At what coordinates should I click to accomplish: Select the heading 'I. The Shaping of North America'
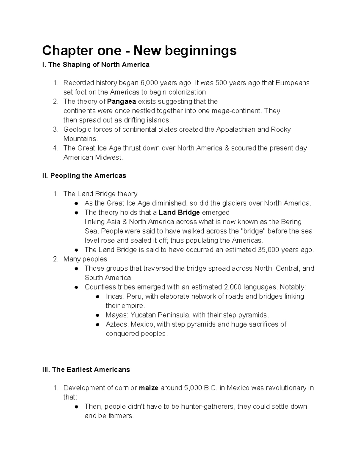(x=96, y=65)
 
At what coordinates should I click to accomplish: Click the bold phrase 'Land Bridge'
(x=179, y=212)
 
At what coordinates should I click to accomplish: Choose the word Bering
(x=291, y=222)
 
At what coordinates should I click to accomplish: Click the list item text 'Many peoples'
(x=85, y=259)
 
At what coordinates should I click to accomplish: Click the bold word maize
(x=148, y=388)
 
